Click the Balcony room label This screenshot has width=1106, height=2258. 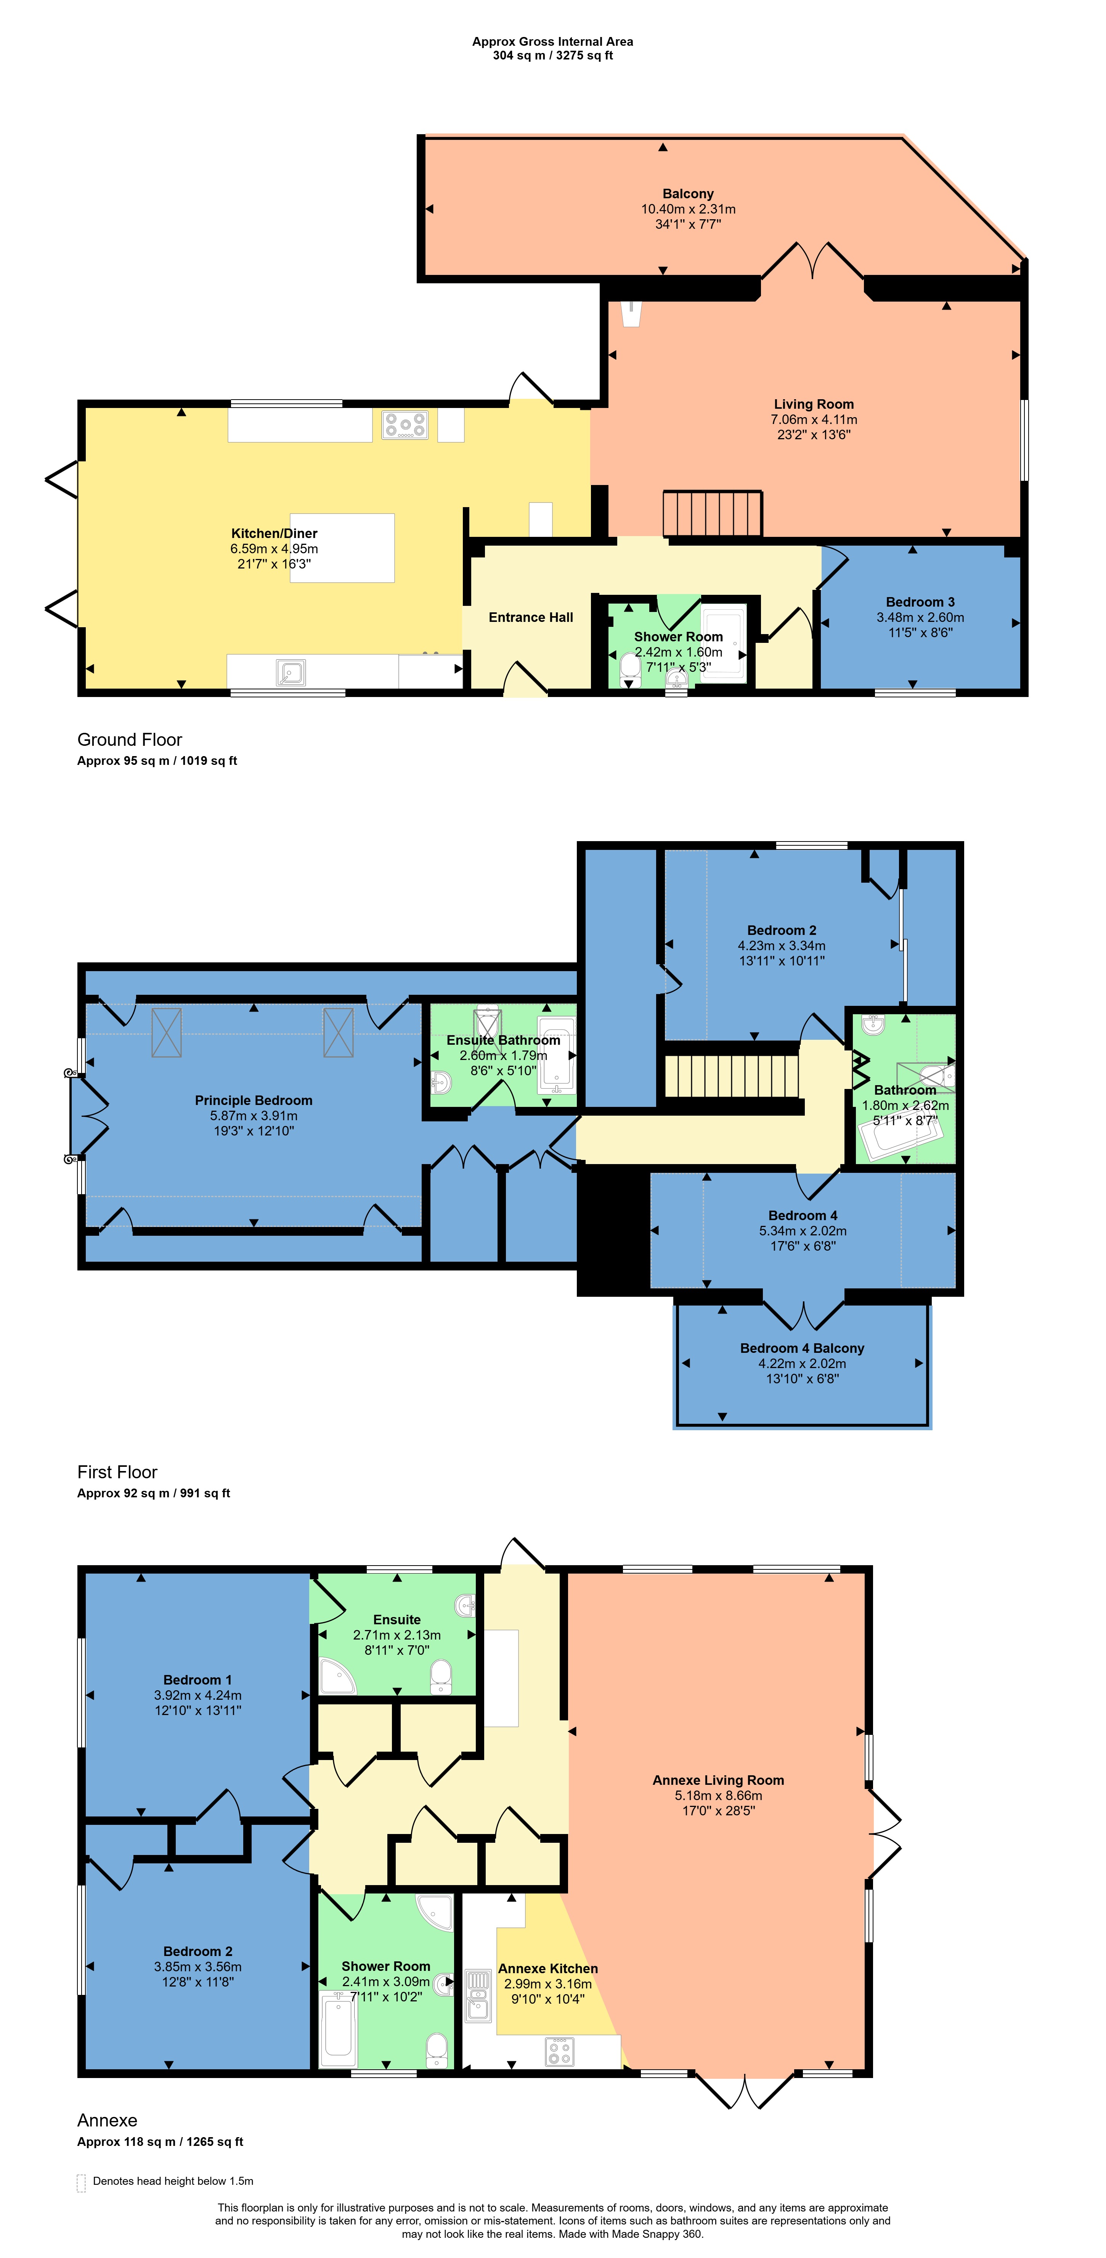click(688, 194)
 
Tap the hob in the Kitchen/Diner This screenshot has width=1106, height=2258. click(405, 425)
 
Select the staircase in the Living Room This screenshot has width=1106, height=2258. click(712, 513)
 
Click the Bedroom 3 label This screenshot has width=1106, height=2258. click(920, 602)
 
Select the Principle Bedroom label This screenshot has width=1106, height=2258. click(253, 1100)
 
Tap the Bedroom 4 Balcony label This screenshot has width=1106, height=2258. click(802, 1348)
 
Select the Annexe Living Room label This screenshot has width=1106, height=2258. click(718, 1780)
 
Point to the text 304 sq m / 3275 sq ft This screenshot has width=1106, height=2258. click(553, 55)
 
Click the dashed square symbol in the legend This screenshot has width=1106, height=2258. click(82, 2183)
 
